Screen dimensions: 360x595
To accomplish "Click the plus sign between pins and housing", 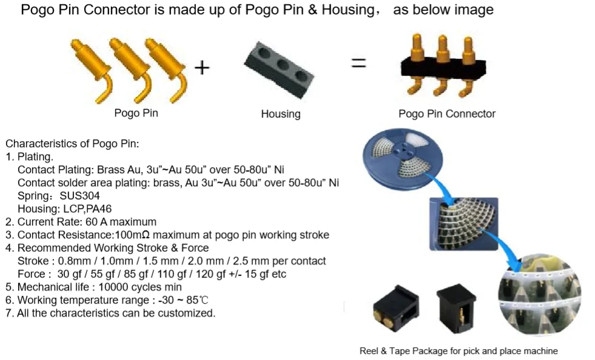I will [x=201, y=67].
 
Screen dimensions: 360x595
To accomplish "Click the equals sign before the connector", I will [x=359, y=62].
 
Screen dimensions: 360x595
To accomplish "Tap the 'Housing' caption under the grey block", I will [x=280, y=114].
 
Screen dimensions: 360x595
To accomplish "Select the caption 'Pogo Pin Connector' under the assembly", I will [x=446, y=114].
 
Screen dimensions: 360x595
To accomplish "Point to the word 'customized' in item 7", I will [x=187, y=313].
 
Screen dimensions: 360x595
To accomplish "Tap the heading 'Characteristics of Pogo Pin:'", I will [x=72, y=144].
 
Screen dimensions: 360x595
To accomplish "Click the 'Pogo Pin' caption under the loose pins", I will [x=136, y=113].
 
